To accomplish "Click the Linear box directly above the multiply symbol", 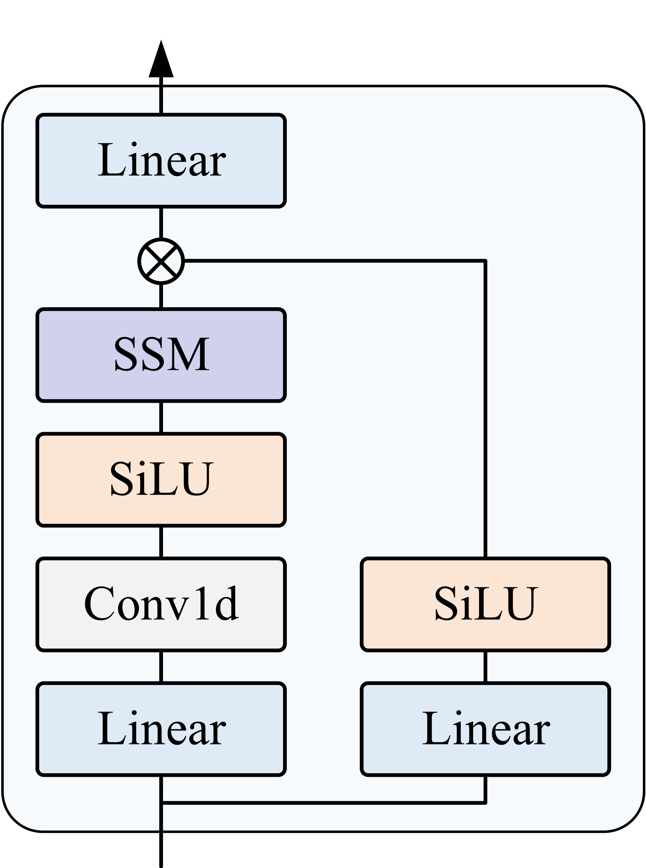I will [x=161, y=161].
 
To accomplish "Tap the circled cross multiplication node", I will [x=161, y=261].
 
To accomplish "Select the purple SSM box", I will [x=161, y=355].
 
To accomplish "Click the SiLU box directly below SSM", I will [x=161, y=480].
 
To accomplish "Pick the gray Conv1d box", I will [x=161, y=604].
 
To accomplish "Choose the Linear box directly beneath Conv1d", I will [x=161, y=729].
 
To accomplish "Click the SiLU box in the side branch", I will [x=485, y=604].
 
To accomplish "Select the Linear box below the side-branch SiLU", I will [x=485, y=729].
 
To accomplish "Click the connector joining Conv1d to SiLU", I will [x=161, y=542].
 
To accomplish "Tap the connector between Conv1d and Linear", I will [x=161, y=667].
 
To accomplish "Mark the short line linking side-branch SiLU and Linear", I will [x=485, y=667].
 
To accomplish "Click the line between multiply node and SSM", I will [x=161, y=296].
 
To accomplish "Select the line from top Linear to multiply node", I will [x=161, y=223].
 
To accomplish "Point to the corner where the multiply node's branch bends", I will [x=485, y=261].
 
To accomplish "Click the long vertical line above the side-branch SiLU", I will [x=485, y=410].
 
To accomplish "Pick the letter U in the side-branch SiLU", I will [x=519, y=604].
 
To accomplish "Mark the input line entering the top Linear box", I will [x=161, y=100].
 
